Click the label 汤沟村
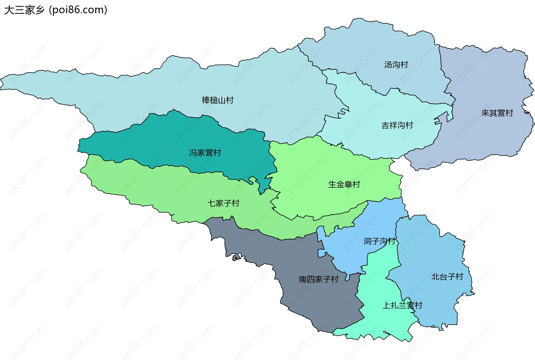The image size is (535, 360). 396,65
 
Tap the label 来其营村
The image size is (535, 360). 497,113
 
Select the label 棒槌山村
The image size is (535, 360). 217,100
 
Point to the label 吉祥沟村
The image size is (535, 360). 397,125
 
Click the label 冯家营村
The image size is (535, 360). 205,153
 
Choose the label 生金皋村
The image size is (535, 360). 344,184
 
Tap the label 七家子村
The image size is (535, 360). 223,203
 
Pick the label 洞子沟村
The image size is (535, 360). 379,241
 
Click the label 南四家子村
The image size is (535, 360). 318,279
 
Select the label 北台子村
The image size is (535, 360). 447,277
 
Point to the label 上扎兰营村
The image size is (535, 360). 402,305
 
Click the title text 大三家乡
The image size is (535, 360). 25,10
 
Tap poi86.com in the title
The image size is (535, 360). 78,10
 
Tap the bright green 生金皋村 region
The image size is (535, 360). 320,167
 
